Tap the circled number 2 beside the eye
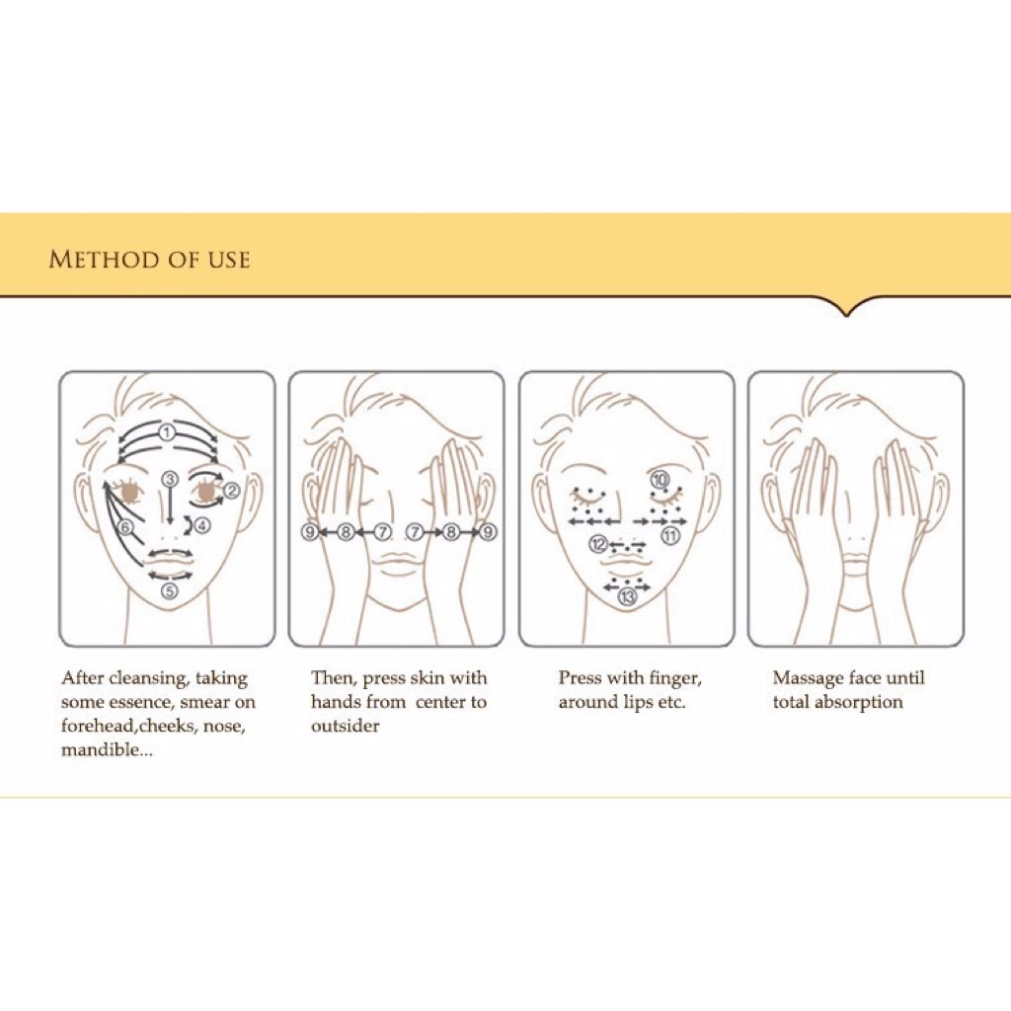231,492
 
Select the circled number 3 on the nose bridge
170,479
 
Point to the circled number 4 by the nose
202,525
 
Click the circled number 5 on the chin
169,590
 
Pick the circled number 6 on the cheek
125,527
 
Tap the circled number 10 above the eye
660,479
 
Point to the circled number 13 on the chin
627,597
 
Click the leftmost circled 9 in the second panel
310,532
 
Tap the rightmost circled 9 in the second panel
488,532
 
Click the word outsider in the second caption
345,726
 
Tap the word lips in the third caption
639,703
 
